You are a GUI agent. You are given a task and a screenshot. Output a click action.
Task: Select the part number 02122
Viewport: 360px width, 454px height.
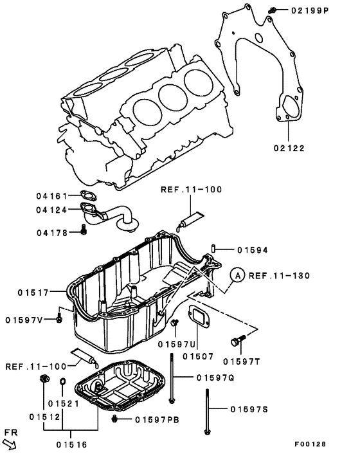pos(287,148)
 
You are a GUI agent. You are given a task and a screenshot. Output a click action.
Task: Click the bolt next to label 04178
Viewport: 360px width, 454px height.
pos(84,230)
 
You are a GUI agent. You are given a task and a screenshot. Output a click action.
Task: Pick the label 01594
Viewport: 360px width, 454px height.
pos(252,250)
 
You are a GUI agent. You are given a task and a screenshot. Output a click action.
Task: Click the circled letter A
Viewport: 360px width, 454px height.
pos(237,275)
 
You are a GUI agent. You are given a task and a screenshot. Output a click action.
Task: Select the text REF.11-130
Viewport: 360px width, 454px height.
pos(280,275)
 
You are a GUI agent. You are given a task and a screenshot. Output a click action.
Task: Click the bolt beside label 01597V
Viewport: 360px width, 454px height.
pos(60,318)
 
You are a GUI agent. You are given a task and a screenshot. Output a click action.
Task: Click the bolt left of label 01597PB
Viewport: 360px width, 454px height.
pos(114,419)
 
